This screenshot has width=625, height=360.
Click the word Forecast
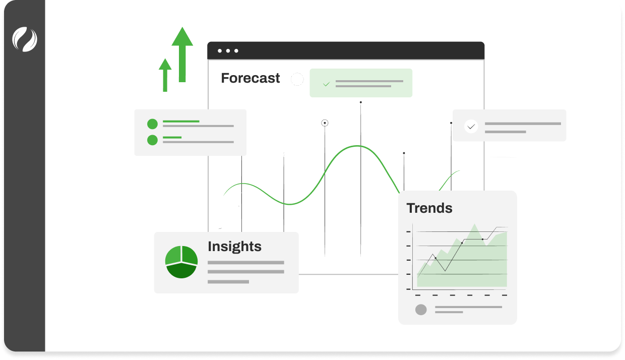tap(251, 78)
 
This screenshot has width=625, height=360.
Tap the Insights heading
tap(234, 247)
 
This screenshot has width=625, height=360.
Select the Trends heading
tap(429, 208)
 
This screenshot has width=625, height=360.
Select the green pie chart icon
tap(181, 262)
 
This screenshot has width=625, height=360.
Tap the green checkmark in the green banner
tap(326, 84)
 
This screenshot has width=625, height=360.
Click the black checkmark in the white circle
tap(471, 126)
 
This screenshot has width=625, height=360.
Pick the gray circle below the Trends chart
tap(421, 310)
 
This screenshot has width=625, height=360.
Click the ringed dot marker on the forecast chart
tap(325, 123)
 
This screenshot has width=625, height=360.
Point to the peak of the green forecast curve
tap(358, 146)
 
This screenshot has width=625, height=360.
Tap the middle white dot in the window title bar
tap(228, 51)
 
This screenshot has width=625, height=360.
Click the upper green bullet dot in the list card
tap(152, 124)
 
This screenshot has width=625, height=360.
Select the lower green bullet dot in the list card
tap(152, 140)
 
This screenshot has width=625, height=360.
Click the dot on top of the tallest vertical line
tap(360, 102)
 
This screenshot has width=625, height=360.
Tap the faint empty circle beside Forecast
tap(297, 79)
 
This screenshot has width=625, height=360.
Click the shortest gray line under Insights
tap(228, 282)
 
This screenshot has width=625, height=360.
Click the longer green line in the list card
tap(181, 122)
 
